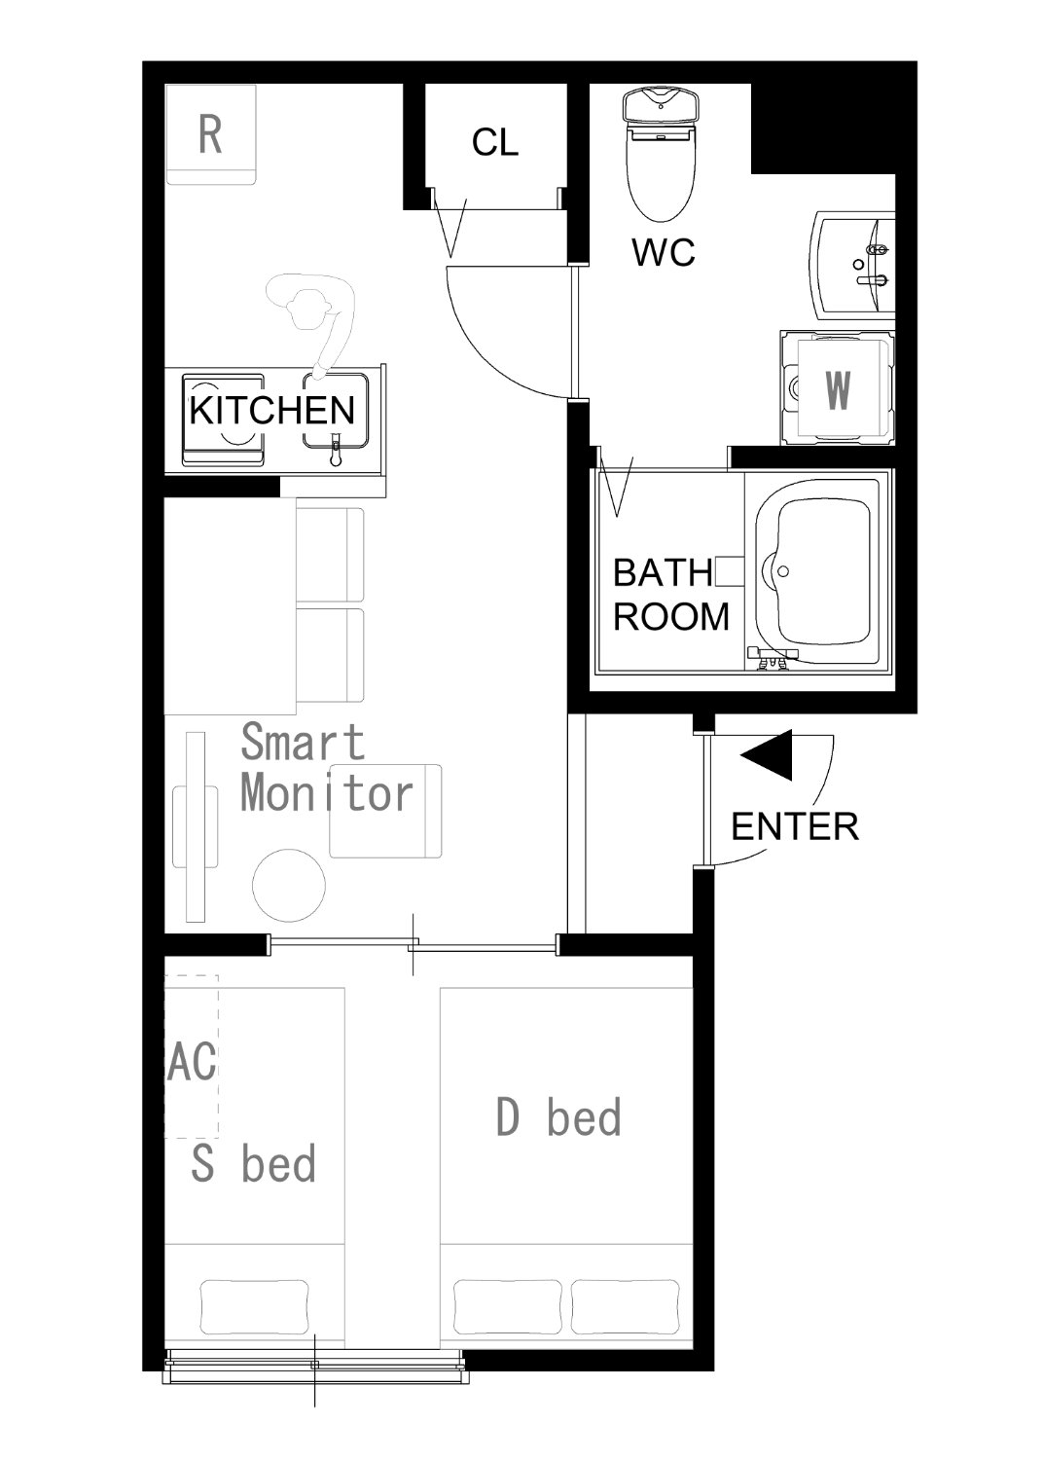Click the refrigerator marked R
tap(210, 134)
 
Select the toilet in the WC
tap(661, 155)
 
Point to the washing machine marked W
tap(837, 387)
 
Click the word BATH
tap(662, 572)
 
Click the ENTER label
tap(795, 826)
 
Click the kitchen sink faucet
tap(336, 450)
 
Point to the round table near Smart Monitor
tap(289, 885)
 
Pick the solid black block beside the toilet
tap(823, 128)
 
